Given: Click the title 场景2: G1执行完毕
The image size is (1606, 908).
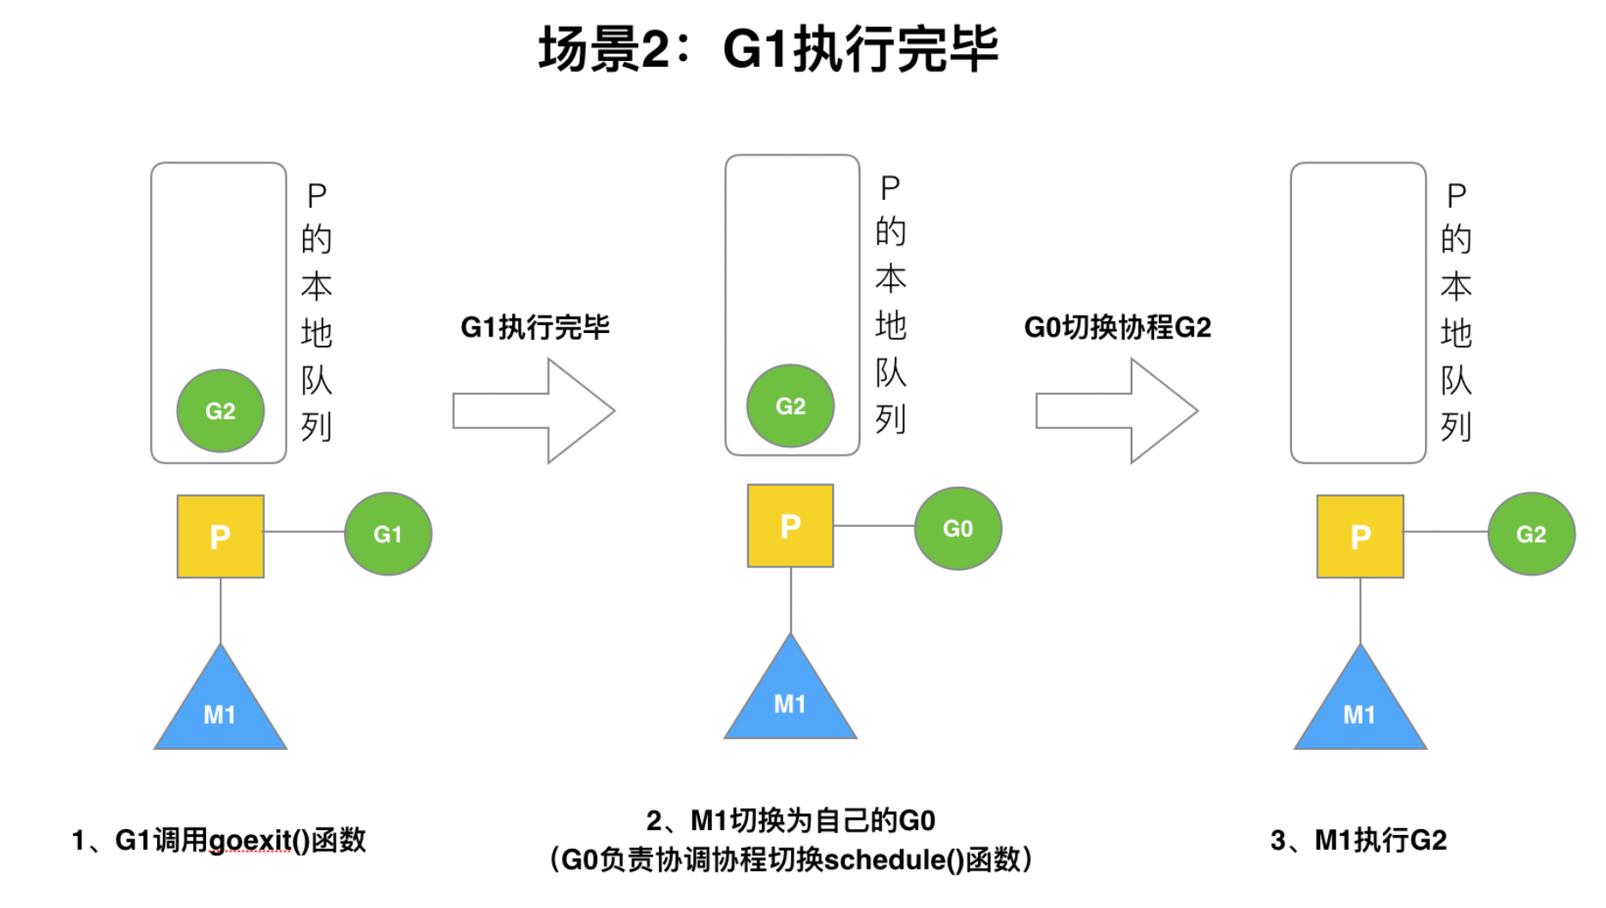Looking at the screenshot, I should [x=768, y=49].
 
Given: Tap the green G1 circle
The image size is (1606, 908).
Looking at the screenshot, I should [x=388, y=534].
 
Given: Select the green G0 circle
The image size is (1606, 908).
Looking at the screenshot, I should [x=957, y=529].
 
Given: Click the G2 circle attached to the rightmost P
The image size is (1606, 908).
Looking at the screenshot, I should [x=1531, y=534].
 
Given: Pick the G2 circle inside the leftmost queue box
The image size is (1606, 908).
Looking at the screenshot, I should [x=220, y=411].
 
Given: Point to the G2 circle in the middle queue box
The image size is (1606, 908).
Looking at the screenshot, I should [x=790, y=406].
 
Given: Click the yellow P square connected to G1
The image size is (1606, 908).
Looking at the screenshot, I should [x=220, y=536].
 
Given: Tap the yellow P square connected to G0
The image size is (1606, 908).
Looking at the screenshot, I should [x=790, y=526].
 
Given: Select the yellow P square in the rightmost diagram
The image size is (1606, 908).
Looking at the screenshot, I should [x=1360, y=536].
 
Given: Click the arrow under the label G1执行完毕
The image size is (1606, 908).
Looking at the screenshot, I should [x=534, y=411].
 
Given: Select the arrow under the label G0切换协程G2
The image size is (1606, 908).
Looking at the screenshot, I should [x=1117, y=411].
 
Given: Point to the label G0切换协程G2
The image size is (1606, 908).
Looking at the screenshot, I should [x=1117, y=327].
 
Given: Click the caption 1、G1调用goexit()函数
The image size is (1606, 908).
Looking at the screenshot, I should [x=219, y=840].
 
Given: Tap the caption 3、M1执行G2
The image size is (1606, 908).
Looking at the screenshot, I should [x=1358, y=840].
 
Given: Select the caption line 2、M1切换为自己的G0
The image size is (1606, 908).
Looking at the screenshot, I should [x=790, y=821].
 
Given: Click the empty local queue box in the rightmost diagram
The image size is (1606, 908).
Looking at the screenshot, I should [x=1358, y=313].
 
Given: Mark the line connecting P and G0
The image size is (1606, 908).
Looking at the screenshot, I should [x=873, y=526].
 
